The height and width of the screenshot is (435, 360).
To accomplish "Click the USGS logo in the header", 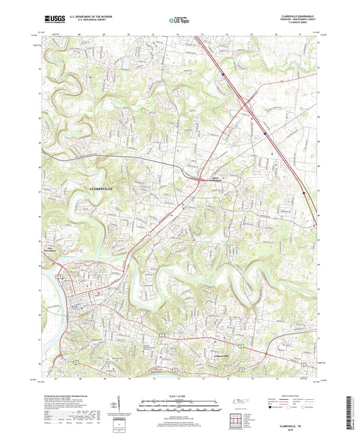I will (53, 20).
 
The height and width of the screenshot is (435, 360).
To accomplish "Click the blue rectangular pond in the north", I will (125, 64).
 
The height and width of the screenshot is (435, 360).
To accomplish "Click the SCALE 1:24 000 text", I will (180, 395).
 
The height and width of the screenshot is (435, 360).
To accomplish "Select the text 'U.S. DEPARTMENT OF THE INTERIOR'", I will (87, 18).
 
